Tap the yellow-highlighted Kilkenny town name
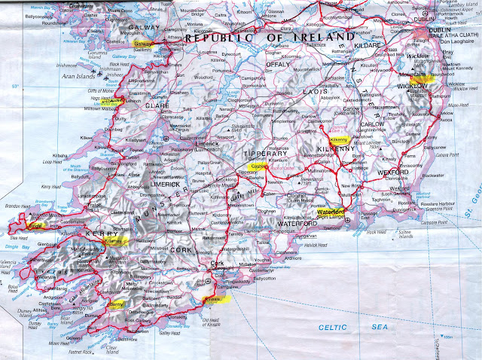337,140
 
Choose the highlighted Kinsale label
215,300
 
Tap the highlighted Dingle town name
35,223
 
